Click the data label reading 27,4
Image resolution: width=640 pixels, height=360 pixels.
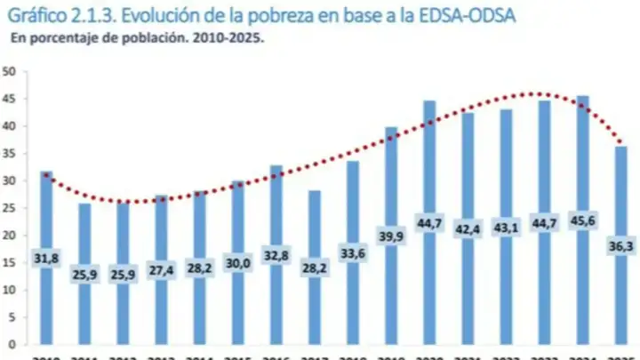(x=161, y=268)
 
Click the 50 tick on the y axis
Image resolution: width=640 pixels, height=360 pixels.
(x=9, y=72)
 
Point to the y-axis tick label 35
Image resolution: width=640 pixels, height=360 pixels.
(x=9, y=154)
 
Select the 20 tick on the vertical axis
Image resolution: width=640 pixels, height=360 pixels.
(x=9, y=235)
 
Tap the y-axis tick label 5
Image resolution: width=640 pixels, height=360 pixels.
(x=12, y=316)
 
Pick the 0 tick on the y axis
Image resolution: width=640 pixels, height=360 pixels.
(x=12, y=344)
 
